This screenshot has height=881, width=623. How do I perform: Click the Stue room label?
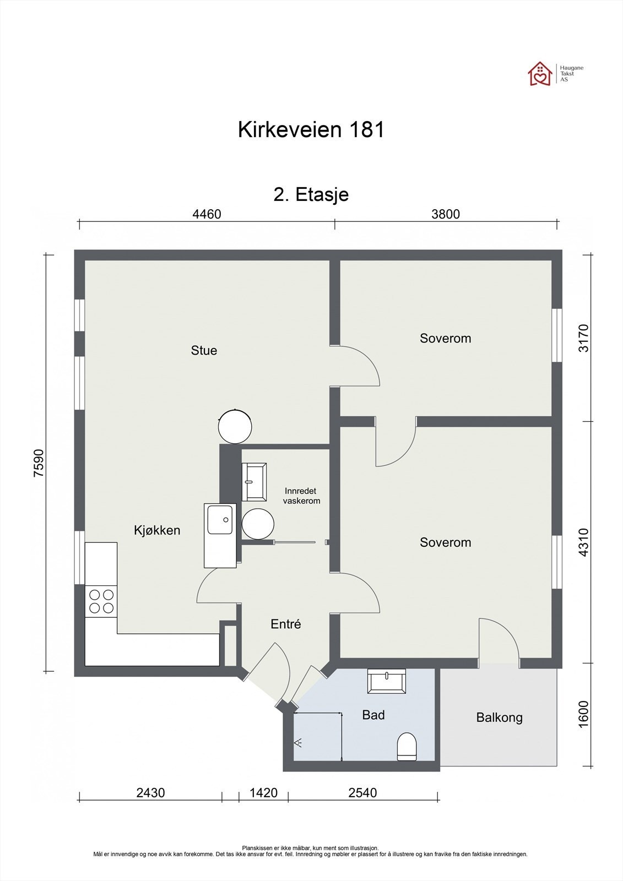point(204,350)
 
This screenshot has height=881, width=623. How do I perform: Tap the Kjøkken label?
point(157,530)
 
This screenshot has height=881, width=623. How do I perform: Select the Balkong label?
point(500,717)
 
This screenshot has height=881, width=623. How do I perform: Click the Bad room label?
point(373,715)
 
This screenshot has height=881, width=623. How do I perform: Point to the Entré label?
point(286,624)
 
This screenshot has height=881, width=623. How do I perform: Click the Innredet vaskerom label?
point(301,496)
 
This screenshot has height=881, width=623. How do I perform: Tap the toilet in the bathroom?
point(407,747)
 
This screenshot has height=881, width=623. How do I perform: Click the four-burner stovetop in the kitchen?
point(101,601)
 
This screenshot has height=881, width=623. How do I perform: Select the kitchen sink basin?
point(220,520)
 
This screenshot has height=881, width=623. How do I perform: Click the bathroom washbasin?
point(387,681)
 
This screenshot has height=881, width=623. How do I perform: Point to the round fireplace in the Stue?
point(235,426)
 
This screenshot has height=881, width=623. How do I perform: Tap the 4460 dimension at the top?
point(207,214)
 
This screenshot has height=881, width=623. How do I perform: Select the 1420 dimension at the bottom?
point(264,792)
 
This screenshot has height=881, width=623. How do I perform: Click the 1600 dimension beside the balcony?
point(583,714)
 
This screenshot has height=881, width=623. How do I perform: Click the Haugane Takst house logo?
point(540,74)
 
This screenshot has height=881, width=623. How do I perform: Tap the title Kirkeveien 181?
point(311,129)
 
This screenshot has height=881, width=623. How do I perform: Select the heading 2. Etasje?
point(311,195)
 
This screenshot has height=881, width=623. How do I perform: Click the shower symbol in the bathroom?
point(298,743)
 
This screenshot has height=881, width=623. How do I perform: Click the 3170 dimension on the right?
point(583,338)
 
